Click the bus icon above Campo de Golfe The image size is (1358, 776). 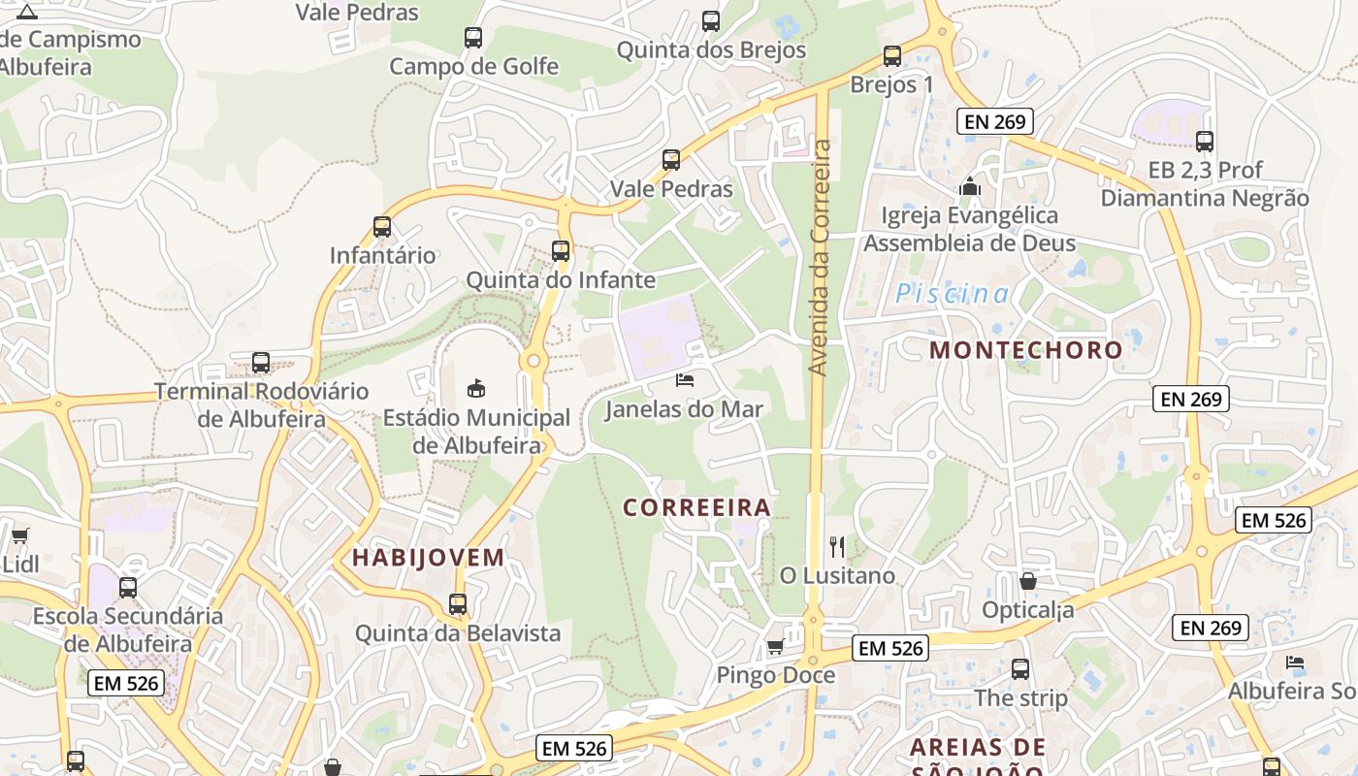[473, 38]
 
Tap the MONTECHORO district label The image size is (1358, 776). [1025, 350]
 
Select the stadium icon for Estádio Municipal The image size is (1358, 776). [476, 389]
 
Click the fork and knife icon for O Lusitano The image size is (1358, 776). [838, 547]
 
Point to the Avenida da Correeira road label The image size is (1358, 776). [821, 258]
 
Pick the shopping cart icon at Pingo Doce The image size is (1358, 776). [775, 647]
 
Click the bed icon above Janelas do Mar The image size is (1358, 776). [685, 380]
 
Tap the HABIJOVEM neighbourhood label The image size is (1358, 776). [429, 558]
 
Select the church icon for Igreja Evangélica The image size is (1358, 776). [970, 185]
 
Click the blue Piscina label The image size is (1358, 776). [952, 294]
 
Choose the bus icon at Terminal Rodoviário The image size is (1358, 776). [261, 363]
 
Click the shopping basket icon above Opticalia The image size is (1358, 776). [1028, 581]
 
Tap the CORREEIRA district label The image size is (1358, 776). [696, 507]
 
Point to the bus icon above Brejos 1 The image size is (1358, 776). [892, 56]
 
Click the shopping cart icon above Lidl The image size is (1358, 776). [19, 535]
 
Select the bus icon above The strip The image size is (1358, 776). [1020, 668]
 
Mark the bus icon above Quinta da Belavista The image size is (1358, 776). [458, 604]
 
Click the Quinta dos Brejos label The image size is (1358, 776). [711, 49]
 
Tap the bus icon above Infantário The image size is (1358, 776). [382, 227]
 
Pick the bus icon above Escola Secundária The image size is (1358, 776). [128, 587]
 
